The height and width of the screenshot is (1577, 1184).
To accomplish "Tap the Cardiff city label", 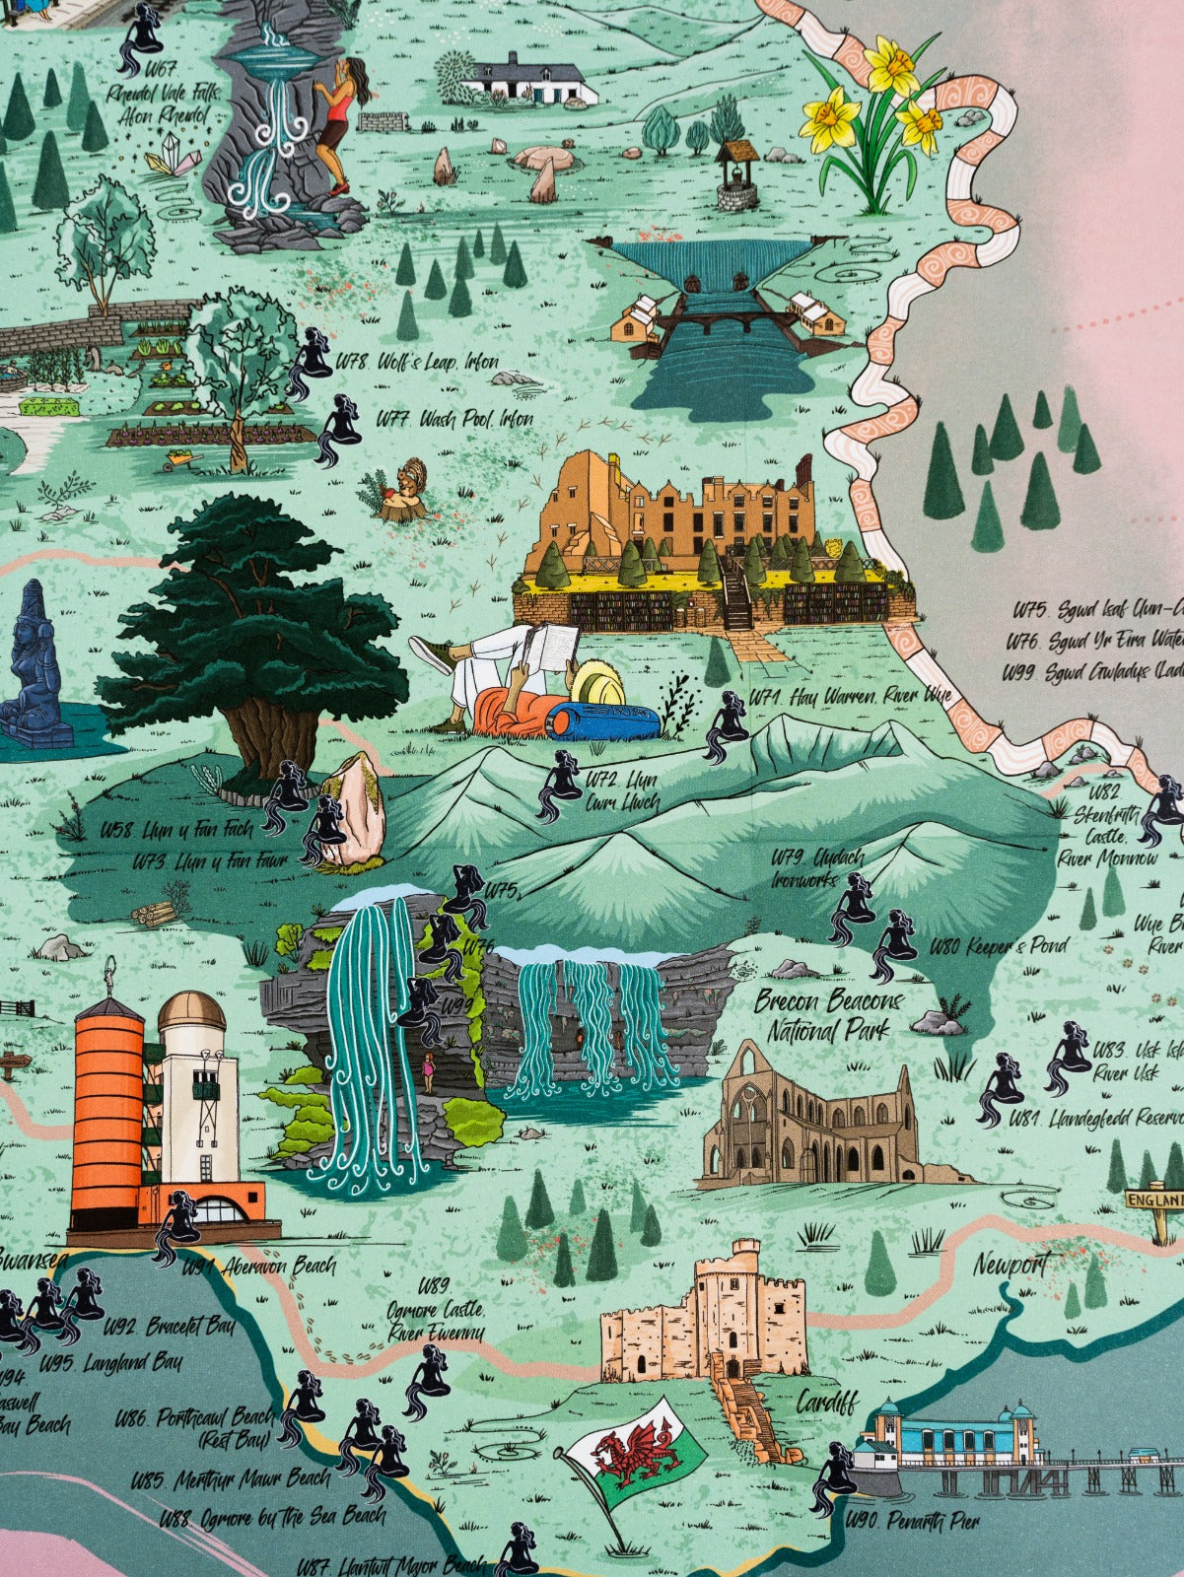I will pos(827,1402).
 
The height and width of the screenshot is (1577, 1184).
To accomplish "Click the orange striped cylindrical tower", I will pos(107,1114).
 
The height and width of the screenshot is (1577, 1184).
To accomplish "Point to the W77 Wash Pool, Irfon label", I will pos(454,418).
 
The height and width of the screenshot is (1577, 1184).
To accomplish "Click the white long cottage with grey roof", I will pos(531,80).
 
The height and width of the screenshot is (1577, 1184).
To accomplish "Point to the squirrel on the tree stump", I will pos(406,484).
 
